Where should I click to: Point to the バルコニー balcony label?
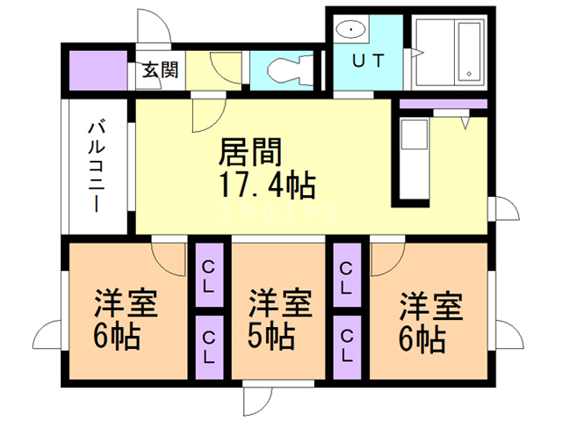click(96, 167)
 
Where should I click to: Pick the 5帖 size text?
click(269, 336)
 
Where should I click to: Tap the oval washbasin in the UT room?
click(353, 30)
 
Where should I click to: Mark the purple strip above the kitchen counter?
click(443, 104)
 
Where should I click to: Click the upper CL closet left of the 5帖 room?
click(210, 275)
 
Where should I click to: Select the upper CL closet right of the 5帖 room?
click(348, 275)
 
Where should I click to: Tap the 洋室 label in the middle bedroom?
click(279, 305)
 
